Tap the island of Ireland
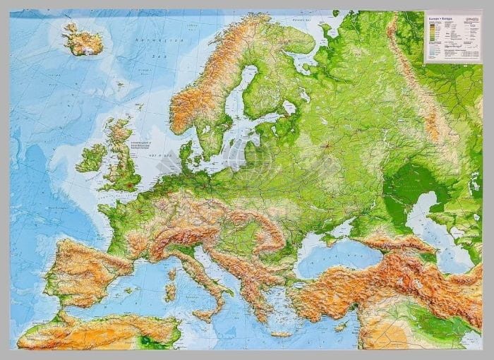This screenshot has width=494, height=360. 91,158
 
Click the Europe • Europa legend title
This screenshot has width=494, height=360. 441,16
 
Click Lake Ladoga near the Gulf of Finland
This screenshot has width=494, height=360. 289,107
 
